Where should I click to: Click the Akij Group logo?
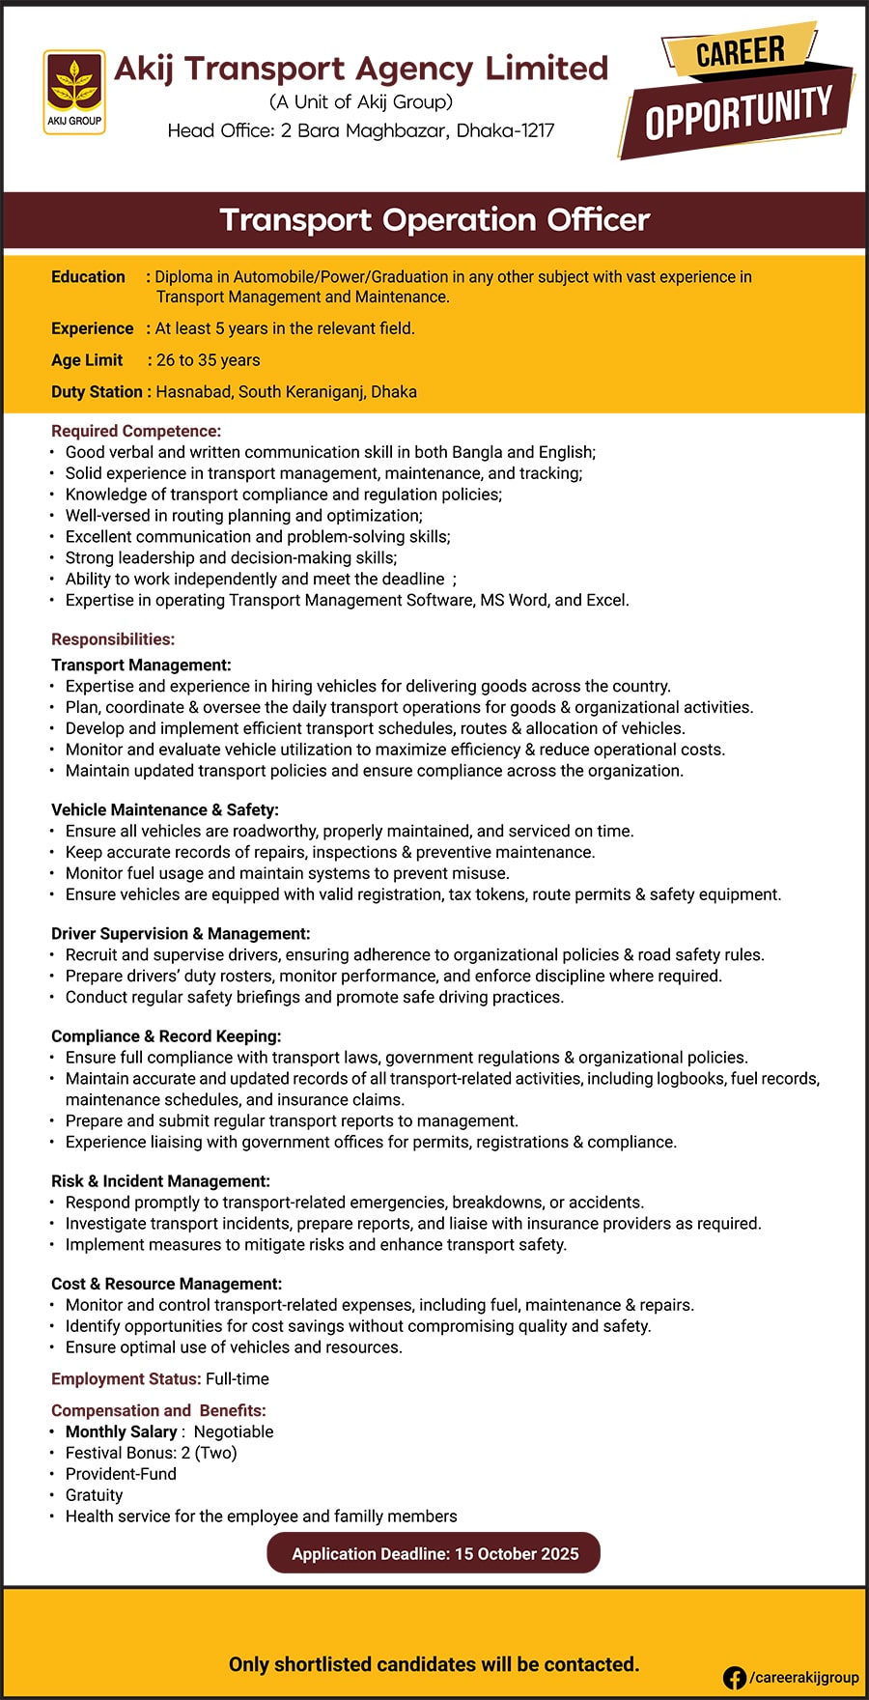pos(74,92)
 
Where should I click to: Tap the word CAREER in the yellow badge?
pos(741,51)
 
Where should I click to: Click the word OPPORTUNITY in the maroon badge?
pos(739,113)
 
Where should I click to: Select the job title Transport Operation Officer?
pos(434,220)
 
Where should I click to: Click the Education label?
pos(88,277)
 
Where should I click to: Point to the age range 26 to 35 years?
pos(208,360)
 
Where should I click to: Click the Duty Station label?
pos(97,392)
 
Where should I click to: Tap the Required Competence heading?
pos(136,431)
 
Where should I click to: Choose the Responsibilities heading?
pos(113,639)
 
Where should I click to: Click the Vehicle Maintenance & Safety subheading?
pos(165,809)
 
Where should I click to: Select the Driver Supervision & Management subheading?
pos(181,933)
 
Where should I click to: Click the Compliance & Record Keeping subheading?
pos(166,1036)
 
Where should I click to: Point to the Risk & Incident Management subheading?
pos(160,1181)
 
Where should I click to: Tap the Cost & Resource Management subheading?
pos(166,1284)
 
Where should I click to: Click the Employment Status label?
pos(126,1379)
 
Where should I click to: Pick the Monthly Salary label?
pos(121,1431)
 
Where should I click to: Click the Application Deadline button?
pos(434,1554)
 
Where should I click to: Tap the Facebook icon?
pos(734,1678)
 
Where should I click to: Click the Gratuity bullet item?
pos(94,1495)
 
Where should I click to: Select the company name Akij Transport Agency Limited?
pos(361,69)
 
